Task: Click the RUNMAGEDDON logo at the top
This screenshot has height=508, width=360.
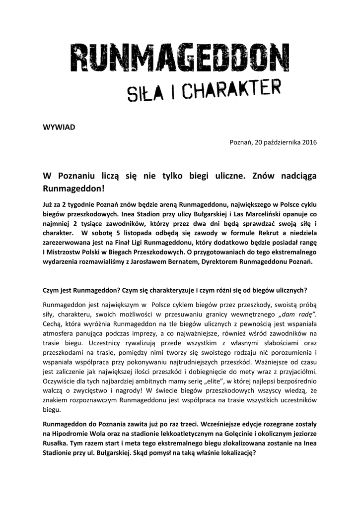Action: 180,59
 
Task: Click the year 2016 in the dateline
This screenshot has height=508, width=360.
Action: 307,142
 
